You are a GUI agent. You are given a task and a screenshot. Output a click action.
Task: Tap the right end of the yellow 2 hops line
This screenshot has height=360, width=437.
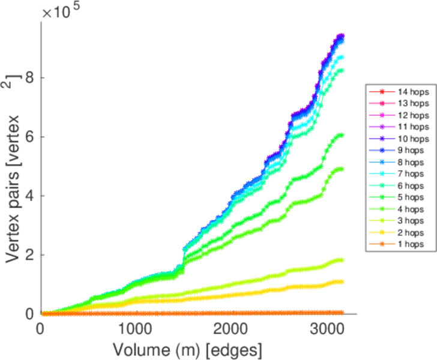(342, 281)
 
